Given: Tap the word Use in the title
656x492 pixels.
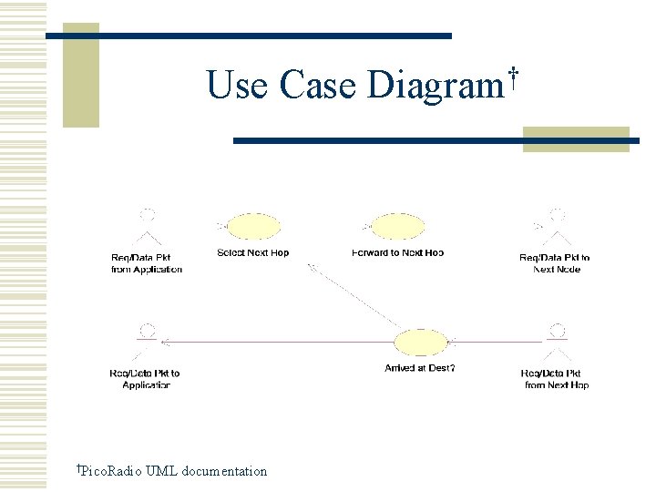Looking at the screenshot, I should (237, 86).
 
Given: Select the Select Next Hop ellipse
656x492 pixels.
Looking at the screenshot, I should (253, 227).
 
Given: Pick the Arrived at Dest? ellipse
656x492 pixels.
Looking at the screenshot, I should (420, 343).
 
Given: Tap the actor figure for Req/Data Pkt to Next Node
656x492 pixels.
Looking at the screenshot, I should (555, 228).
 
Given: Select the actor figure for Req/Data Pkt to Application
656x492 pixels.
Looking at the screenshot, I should (145, 342).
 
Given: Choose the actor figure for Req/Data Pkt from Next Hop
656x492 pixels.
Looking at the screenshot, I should (557, 343).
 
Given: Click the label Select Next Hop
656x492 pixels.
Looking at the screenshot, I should (253, 252).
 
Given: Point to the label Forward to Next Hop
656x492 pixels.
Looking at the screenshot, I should (398, 252).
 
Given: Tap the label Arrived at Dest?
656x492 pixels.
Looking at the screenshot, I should (420, 368).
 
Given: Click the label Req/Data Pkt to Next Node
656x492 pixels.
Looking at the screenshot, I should (555, 263).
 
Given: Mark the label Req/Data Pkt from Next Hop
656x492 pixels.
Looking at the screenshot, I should (557, 379).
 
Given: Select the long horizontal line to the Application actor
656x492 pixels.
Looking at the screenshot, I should (273, 342).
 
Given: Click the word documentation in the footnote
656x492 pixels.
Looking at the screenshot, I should (224, 471).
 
